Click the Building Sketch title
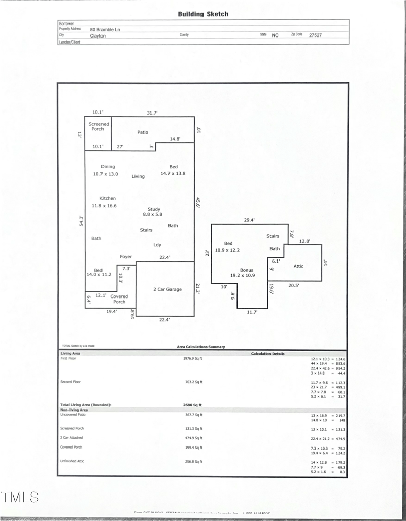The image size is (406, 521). [203, 14]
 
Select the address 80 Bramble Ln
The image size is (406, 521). [105, 30]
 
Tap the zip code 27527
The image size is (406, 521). [315, 35]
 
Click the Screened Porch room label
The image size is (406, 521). [98, 126]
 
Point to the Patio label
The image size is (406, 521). [143, 132]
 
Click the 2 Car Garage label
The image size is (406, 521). [167, 289]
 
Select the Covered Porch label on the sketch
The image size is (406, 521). [119, 299]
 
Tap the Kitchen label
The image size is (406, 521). [108, 198]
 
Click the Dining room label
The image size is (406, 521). [108, 167]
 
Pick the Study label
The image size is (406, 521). [154, 209]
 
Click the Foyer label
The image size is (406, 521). [126, 257]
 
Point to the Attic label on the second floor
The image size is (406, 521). [299, 265]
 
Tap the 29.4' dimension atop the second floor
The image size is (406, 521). [250, 220]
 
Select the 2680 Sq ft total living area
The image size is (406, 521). [192, 405]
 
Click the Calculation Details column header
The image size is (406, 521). [267, 354]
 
